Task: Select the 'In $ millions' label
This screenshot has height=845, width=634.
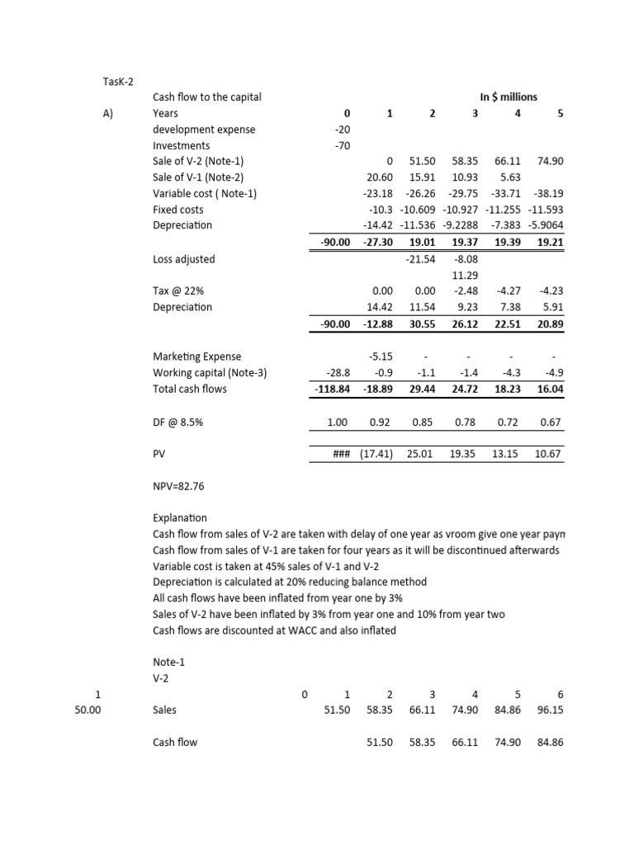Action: click(x=508, y=97)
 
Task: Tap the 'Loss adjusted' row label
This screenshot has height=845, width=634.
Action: click(x=183, y=259)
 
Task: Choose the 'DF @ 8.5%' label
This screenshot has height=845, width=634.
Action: click(x=178, y=422)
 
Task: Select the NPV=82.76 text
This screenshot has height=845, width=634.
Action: click(x=178, y=486)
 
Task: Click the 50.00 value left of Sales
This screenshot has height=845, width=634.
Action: click(x=87, y=709)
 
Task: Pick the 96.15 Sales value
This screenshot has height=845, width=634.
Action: click(x=549, y=709)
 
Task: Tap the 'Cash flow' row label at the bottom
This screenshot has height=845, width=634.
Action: click(x=175, y=742)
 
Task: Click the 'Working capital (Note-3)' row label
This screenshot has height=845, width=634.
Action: click(x=210, y=372)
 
